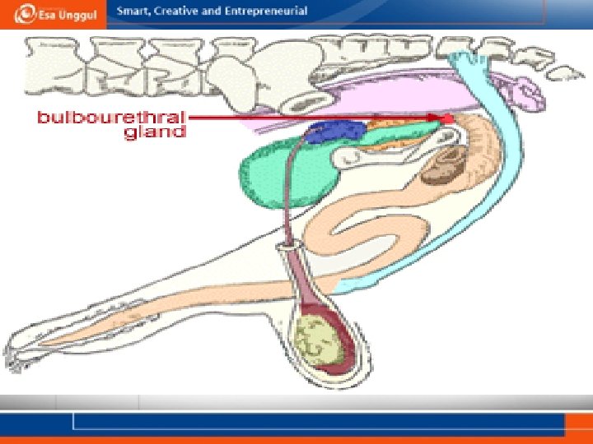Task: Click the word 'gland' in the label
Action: tap(155, 132)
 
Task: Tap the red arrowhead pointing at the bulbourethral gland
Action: tap(447, 120)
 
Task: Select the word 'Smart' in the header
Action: tap(131, 12)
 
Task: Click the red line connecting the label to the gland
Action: tap(313, 118)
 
